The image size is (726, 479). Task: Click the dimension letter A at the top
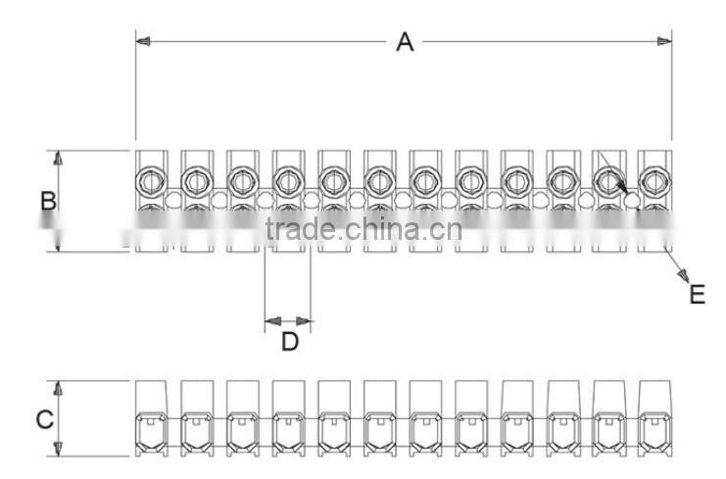pyautogui.click(x=404, y=42)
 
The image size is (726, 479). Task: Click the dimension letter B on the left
pyautogui.click(x=47, y=201)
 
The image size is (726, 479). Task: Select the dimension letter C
pyautogui.click(x=44, y=419)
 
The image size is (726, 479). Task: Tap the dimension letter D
pyautogui.click(x=289, y=342)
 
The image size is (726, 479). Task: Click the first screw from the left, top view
pyautogui.click(x=150, y=181)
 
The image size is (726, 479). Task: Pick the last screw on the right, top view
pyautogui.click(x=653, y=181)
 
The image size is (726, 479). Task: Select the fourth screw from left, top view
pyautogui.click(x=287, y=181)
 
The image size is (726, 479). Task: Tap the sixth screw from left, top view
pyautogui.click(x=378, y=181)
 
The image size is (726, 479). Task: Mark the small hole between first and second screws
pyautogui.click(x=173, y=200)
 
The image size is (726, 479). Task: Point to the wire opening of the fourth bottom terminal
pyautogui.click(x=287, y=431)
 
